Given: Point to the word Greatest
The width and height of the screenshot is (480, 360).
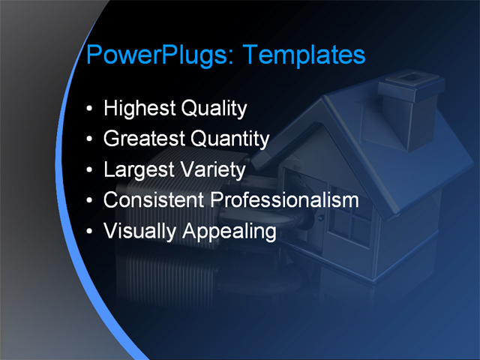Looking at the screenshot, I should pos(144,139).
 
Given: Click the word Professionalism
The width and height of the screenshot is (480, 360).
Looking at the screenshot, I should pos(283,200).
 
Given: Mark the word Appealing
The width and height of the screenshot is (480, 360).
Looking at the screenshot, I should pos(226,231).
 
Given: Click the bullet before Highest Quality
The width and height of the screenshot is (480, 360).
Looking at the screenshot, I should pos(90,109).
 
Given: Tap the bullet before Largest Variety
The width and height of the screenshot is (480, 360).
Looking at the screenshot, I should pos(90,171).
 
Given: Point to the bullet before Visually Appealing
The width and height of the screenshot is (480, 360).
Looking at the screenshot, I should pos(90,232).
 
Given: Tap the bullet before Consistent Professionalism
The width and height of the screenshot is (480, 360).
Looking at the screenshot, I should pos(90,201).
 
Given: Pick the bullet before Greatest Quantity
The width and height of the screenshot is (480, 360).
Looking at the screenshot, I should pos(90,140).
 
